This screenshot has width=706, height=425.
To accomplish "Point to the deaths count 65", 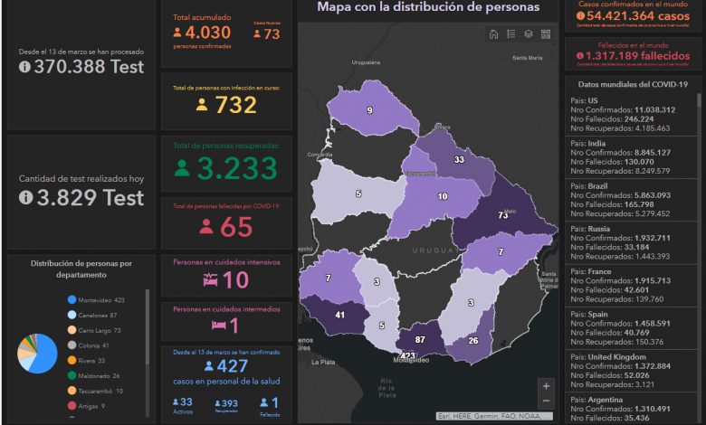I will [235, 227].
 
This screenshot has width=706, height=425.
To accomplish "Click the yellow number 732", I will [235, 105].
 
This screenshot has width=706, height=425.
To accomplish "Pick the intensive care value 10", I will [235, 280].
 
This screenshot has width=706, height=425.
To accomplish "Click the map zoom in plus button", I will [545, 385].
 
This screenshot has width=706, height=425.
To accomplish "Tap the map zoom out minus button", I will [545, 401].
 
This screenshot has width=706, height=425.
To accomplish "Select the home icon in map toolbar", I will [493, 34].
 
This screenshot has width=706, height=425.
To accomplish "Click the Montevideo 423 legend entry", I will [95, 299].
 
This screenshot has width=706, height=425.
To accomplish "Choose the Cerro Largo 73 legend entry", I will [95, 330].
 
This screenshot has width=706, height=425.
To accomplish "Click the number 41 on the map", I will [340, 315].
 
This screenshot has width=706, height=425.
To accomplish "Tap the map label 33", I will [460, 160].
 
